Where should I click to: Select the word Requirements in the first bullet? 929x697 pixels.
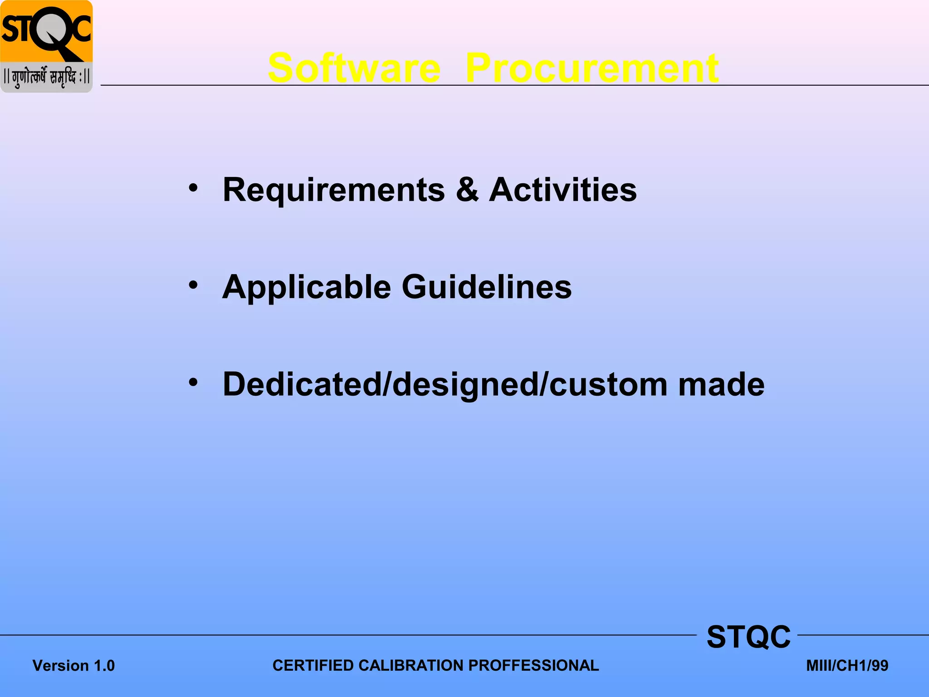point(334,190)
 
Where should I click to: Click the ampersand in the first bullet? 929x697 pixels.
point(467,190)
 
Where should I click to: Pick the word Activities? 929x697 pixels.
point(563,190)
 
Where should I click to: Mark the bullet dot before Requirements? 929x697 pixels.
point(194,188)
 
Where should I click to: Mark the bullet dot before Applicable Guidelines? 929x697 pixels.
point(194,285)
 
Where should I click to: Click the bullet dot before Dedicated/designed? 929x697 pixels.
point(194,383)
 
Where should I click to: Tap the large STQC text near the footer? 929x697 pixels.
point(748,637)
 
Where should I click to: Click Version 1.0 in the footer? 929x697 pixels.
point(73,666)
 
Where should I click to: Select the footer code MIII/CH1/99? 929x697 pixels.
point(847,666)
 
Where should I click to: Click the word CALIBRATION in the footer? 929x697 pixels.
point(411,665)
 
